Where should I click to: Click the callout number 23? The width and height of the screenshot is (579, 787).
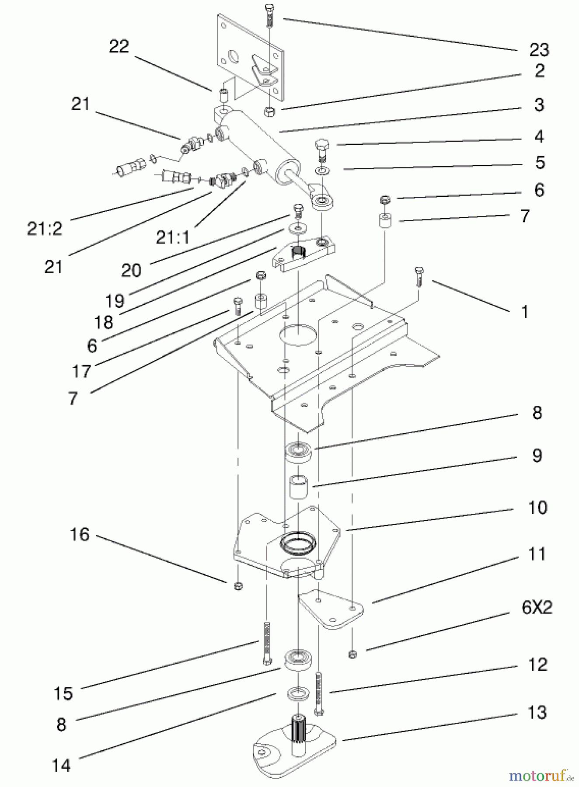click(539, 50)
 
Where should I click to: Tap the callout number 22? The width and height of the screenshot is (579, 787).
click(119, 46)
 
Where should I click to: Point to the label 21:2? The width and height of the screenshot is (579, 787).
click(45, 228)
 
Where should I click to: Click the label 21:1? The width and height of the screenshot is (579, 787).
click(173, 237)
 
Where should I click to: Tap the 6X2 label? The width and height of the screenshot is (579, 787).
click(537, 607)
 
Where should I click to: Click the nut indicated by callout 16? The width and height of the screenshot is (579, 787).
click(238, 586)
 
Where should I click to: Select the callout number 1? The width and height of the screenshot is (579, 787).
click(525, 312)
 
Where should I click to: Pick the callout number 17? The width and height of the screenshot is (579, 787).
click(81, 371)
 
